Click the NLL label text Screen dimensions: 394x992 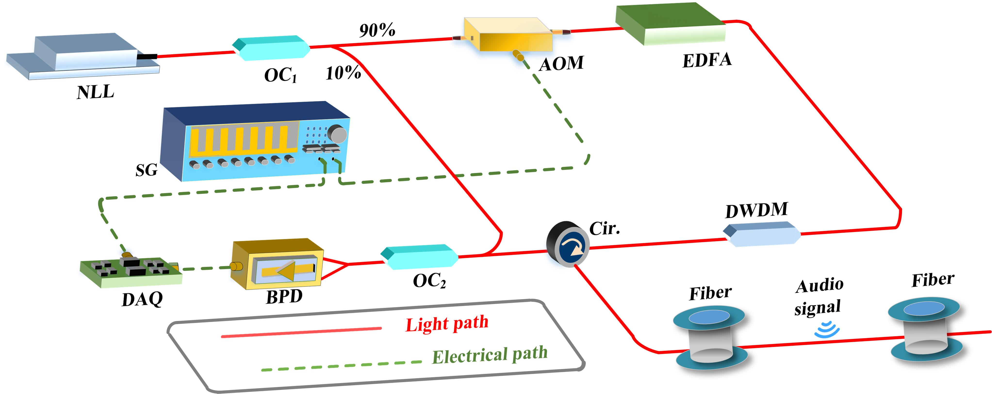(95, 92)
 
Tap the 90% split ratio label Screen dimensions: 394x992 (377, 30)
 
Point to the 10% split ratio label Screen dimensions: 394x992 (343, 73)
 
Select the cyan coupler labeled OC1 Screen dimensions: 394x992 (271, 48)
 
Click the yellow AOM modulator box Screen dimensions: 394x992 (508, 35)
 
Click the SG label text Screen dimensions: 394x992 (146, 170)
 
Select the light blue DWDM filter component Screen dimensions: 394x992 (762, 234)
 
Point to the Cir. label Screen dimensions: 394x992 (605, 229)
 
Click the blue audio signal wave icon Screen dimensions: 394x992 (827, 330)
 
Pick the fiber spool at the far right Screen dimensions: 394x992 (925, 329)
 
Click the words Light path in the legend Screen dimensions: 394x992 (447, 323)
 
